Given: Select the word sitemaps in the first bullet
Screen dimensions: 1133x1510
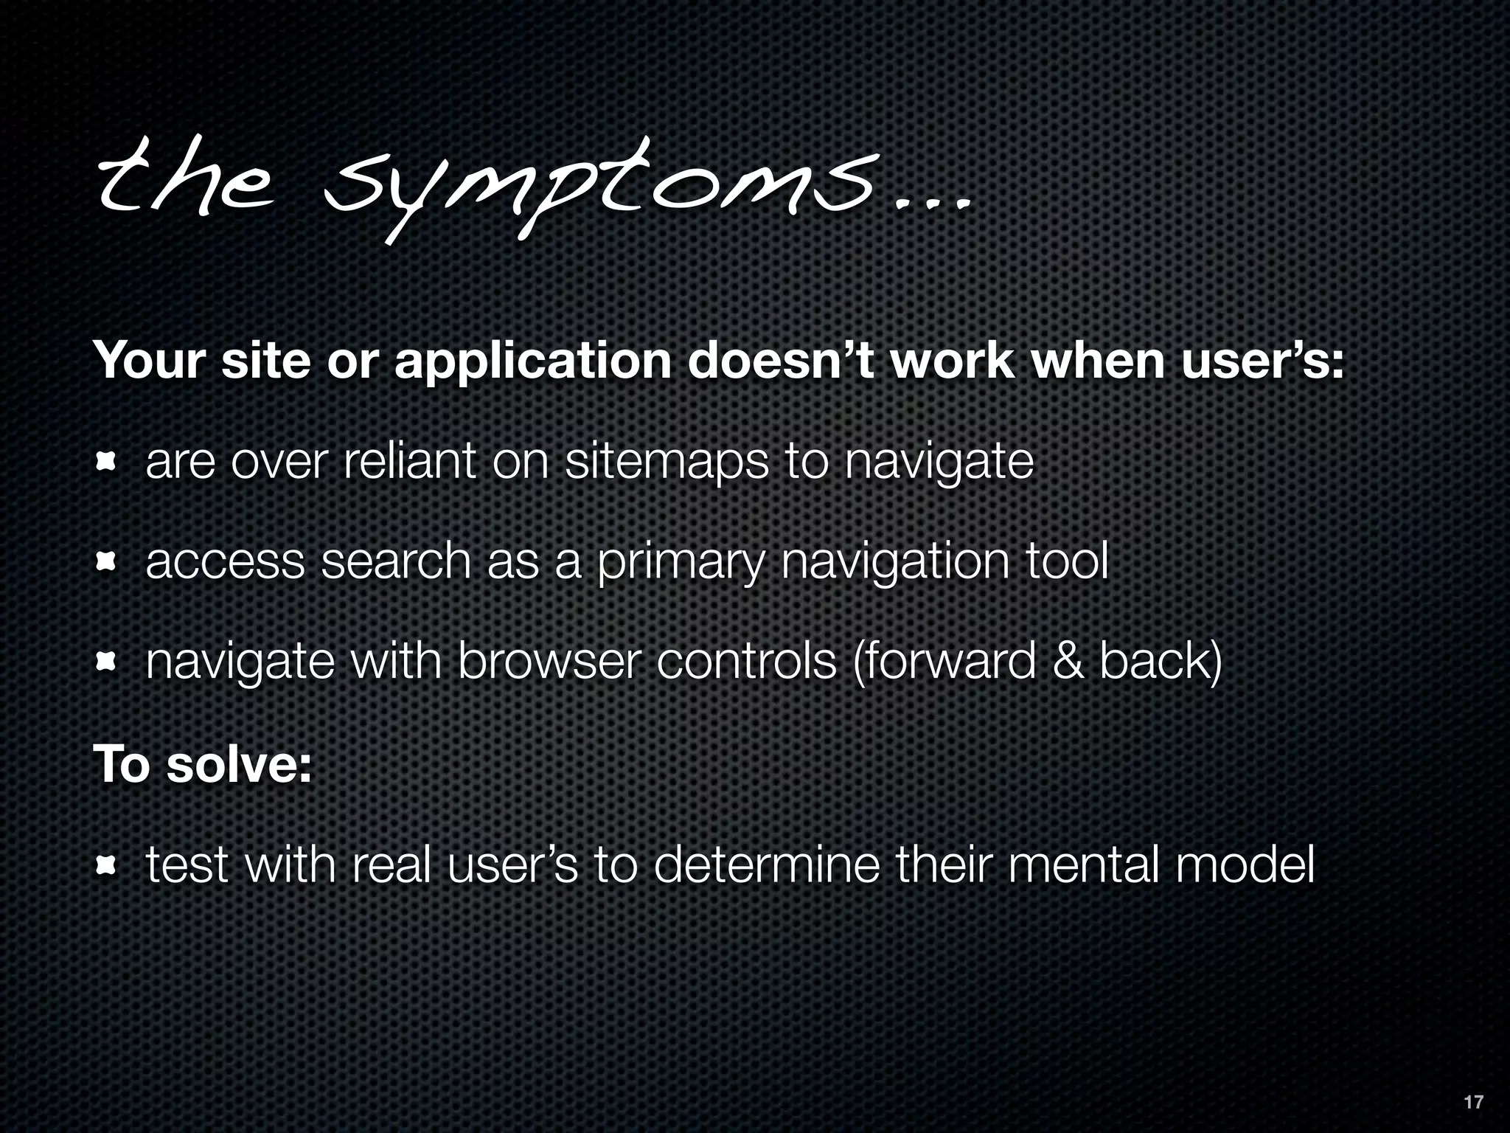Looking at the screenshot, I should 667,462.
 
